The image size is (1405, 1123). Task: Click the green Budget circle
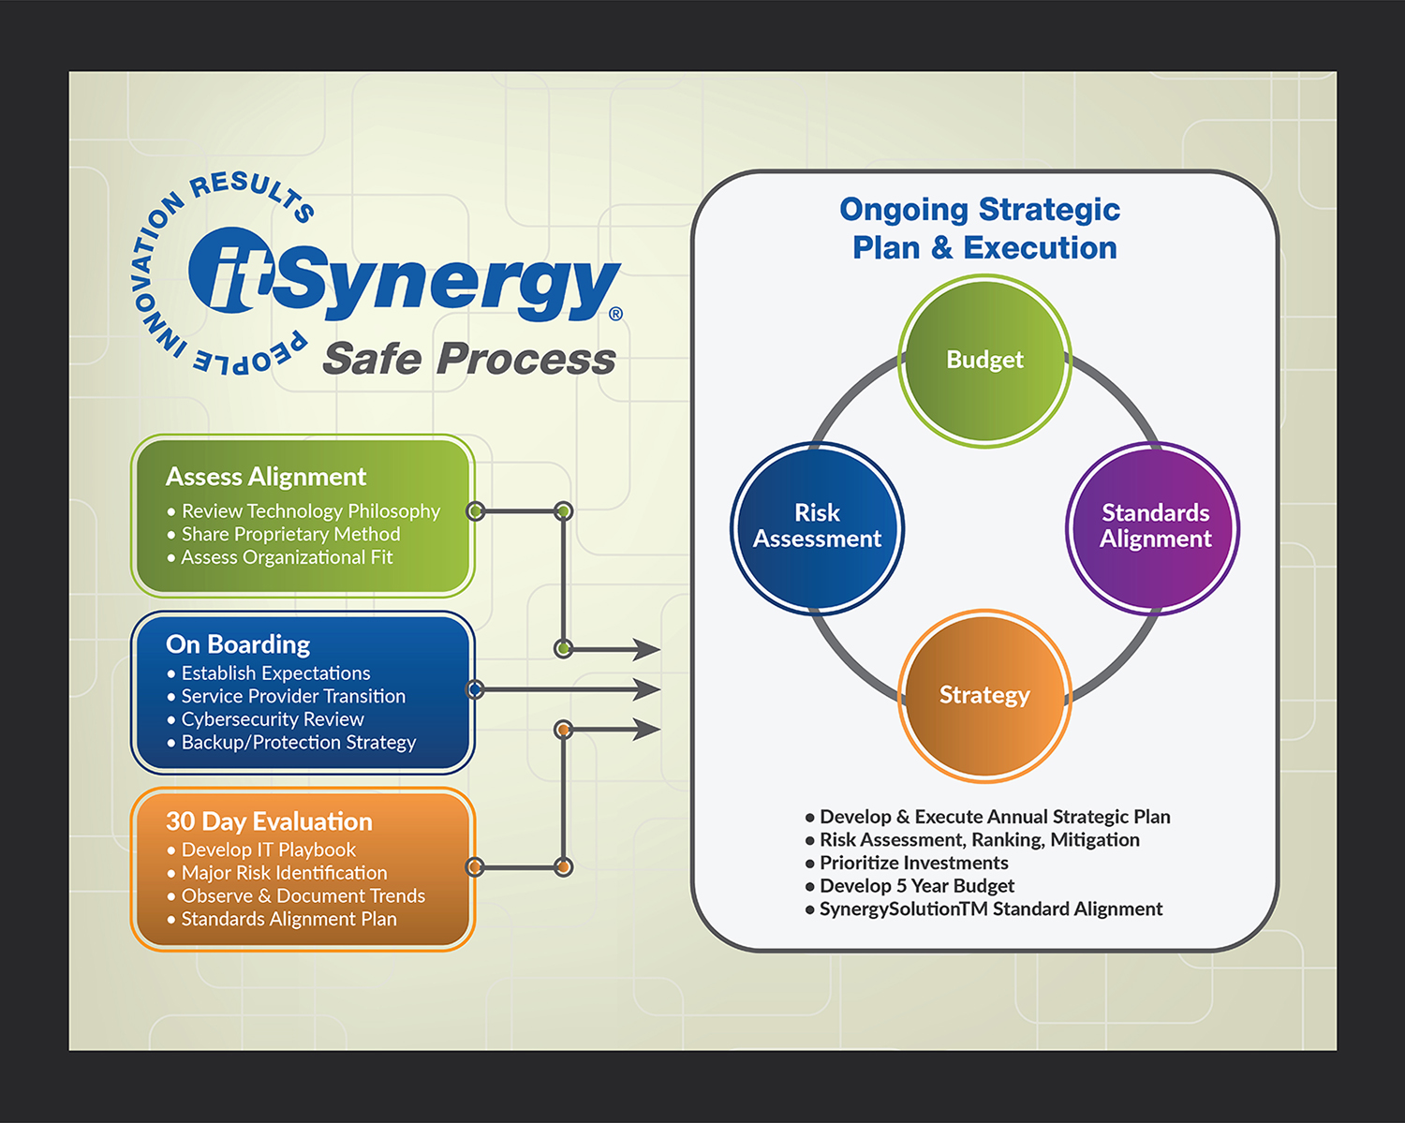tap(984, 361)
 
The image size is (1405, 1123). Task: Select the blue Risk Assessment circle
tap(817, 526)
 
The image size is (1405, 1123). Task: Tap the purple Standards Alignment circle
tap(1154, 526)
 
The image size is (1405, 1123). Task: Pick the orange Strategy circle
tap(984, 695)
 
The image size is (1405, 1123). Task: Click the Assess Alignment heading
tap(266, 477)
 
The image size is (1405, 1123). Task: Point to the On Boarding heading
tap(238, 644)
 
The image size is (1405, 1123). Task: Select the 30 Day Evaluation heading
tap(269, 821)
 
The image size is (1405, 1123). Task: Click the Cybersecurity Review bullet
tap(272, 719)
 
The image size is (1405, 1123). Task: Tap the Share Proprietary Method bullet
tap(290, 534)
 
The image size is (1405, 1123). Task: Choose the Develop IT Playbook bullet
tap(268, 850)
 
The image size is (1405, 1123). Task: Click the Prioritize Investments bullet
tap(913, 863)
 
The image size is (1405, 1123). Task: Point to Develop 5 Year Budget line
tap(916, 886)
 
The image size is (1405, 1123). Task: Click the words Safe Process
tap(468, 359)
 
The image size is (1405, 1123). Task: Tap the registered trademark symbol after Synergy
tap(615, 314)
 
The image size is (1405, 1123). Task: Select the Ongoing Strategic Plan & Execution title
tap(981, 229)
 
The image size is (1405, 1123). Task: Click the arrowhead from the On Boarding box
tap(647, 689)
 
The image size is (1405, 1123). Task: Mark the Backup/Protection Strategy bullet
tap(298, 743)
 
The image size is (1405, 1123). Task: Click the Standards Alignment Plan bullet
tap(288, 919)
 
